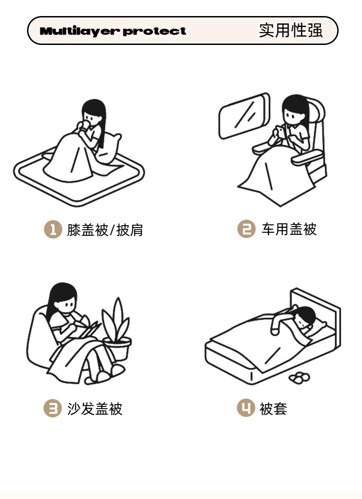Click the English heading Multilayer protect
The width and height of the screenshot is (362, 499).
point(113,31)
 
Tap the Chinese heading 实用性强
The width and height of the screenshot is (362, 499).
point(291,30)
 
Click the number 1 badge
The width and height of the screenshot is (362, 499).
point(53,229)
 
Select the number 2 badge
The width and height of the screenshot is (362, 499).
point(247,229)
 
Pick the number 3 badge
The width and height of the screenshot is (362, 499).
point(52,408)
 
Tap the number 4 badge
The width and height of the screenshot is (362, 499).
point(246,408)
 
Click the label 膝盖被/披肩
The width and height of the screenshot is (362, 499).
point(105,230)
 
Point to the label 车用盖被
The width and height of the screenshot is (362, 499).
point(289,229)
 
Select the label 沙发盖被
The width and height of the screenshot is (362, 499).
point(95,409)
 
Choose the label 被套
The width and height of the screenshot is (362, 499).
point(273,409)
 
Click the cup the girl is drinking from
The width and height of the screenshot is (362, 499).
point(85,125)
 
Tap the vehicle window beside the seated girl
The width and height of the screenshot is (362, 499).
point(244,116)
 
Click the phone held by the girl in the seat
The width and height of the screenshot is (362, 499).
point(280,131)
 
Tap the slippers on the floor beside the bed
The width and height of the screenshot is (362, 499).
point(299,377)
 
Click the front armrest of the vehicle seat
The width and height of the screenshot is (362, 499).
point(307,158)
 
